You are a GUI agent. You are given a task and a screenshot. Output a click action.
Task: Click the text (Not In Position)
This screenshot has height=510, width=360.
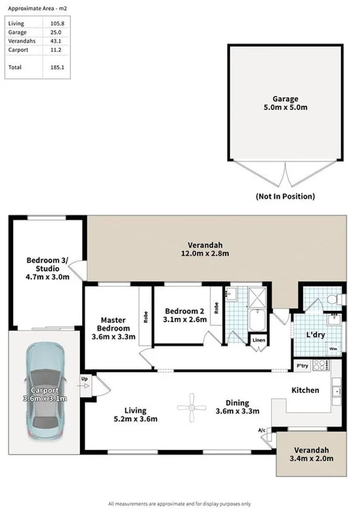tap(285, 196)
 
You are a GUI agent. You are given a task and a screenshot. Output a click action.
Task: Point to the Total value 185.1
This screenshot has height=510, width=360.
tap(57, 67)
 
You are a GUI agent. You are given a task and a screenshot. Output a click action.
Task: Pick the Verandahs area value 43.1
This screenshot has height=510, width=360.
tap(56, 41)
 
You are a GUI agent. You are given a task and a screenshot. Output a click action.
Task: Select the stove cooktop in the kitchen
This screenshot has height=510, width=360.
tap(320, 365)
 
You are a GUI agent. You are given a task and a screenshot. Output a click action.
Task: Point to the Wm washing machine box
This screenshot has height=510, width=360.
tap(334, 348)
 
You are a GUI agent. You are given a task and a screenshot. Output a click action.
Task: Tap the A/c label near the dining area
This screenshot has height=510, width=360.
tap(262, 430)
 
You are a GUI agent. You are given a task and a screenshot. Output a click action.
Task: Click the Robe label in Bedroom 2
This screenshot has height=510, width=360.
tap(216, 308)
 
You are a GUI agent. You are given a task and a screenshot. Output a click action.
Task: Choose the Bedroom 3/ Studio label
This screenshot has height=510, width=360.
tap(47, 268)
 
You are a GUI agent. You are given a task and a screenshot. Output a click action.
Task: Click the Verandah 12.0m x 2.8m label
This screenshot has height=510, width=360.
tap(205, 249)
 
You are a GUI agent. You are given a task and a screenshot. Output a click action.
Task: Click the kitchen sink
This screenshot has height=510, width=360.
tap(338, 390)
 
